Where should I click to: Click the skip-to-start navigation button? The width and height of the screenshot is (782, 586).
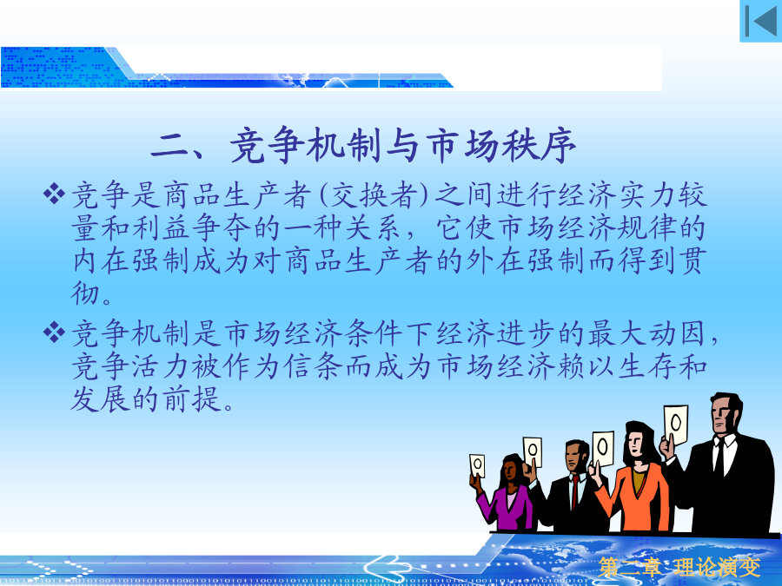coord(760,21)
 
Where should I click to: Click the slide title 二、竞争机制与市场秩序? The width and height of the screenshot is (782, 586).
coord(363,146)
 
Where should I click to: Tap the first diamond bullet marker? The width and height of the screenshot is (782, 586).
coord(55,194)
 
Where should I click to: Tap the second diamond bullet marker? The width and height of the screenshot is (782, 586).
coord(55,333)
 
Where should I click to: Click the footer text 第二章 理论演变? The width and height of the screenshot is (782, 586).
coord(679,567)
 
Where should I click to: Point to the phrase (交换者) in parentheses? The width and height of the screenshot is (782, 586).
coord(374,194)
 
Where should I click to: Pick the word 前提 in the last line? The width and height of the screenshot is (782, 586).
coord(191,399)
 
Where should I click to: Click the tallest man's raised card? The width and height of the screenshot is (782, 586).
coord(676,424)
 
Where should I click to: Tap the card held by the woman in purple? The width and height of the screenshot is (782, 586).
coord(477,467)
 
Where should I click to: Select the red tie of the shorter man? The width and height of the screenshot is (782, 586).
coord(575,491)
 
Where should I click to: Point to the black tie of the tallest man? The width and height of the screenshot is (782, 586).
coord(719,457)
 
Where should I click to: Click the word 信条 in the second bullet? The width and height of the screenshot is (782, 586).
coord(313,366)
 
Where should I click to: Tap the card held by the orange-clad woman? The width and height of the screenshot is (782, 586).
coord(603,448)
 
